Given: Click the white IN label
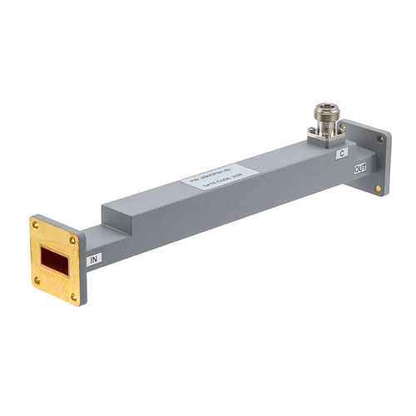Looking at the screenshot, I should pyautogui.click(x=96, y=259).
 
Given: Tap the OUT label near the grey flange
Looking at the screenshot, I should pyautogui.click(x=360, y=170).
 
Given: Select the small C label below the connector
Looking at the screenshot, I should pyautogui.click(x=340, y=154).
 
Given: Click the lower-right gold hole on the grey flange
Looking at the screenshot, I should pyautogui.click(x=379, y=189).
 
